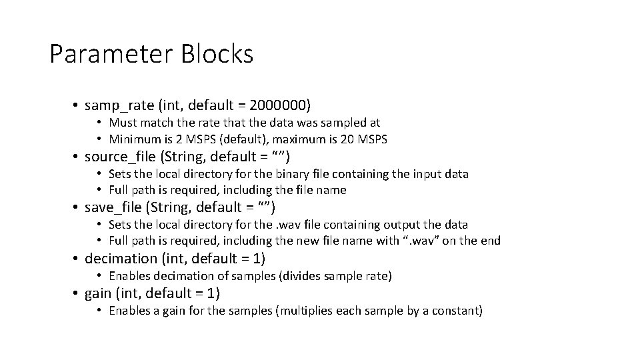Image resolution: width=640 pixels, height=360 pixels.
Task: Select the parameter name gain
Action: (99, 293)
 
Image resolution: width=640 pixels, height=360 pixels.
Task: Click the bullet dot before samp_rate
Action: (77, 105)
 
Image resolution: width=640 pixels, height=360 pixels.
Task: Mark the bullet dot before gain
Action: (77, 293)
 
